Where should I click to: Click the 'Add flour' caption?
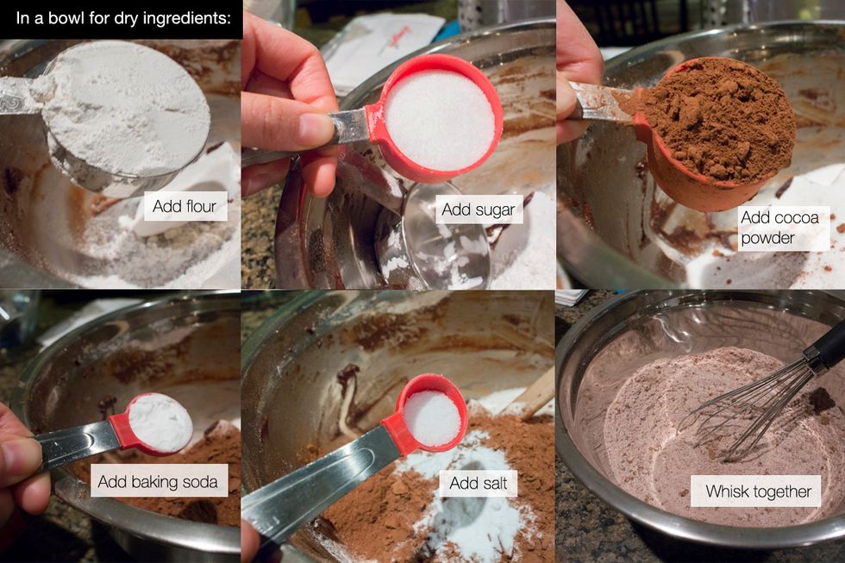coord(185,206)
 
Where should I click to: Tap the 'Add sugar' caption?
coord(479,210)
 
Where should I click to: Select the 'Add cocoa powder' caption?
coord(779,228)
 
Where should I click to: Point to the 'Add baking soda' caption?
coord(158,481)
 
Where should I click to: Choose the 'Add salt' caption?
coord(479,483)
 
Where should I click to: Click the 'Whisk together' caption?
coord(758,491)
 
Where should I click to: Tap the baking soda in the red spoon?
coord(160,423)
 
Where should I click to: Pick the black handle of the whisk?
coord(825,344)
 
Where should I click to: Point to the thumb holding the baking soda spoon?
coord(22,454)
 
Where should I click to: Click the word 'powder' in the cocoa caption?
coord(767,239)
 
